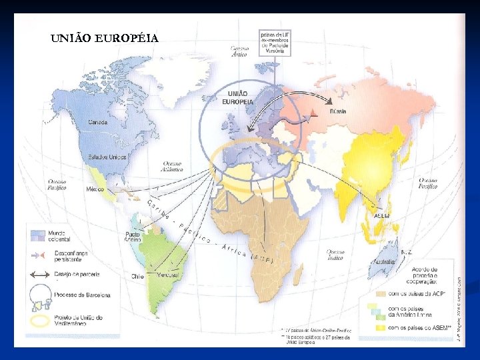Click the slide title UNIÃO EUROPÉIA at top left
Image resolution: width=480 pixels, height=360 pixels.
pos(105,37)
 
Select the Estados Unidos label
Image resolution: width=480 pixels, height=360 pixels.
pos(107,157)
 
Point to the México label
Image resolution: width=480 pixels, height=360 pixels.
pos(95,189)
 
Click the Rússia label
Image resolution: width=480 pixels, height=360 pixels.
pos(338,111)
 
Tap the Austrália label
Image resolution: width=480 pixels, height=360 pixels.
pos(383,262)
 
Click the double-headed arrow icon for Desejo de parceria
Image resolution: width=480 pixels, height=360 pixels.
pos(39,274)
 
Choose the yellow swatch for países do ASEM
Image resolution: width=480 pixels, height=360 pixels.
pos(381,327)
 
